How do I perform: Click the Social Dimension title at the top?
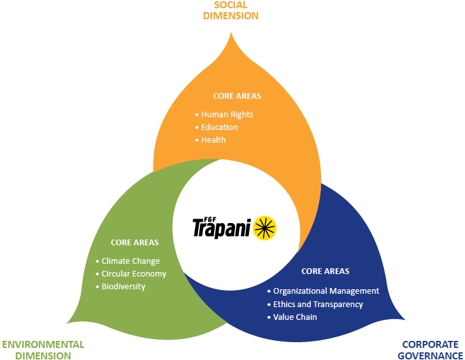click(x=231, y=10)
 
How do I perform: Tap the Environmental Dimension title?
click(x=43, y=350)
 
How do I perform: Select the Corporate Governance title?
click(x=430, y=350)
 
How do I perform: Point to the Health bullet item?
click(x=213, y=140)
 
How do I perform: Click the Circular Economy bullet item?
click(x=134, y=274)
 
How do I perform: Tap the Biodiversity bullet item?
click(x=124, y=287)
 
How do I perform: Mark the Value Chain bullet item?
click(x=295, y=317)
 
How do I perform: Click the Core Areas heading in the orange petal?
click(x=237, y=96)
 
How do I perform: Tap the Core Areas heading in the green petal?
click(x=134, y=243)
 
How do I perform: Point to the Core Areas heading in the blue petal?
click(x=325, y=271)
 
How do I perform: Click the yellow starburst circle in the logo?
click(x=266, y=227)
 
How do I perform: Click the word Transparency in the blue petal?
click(x=337, y=305)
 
